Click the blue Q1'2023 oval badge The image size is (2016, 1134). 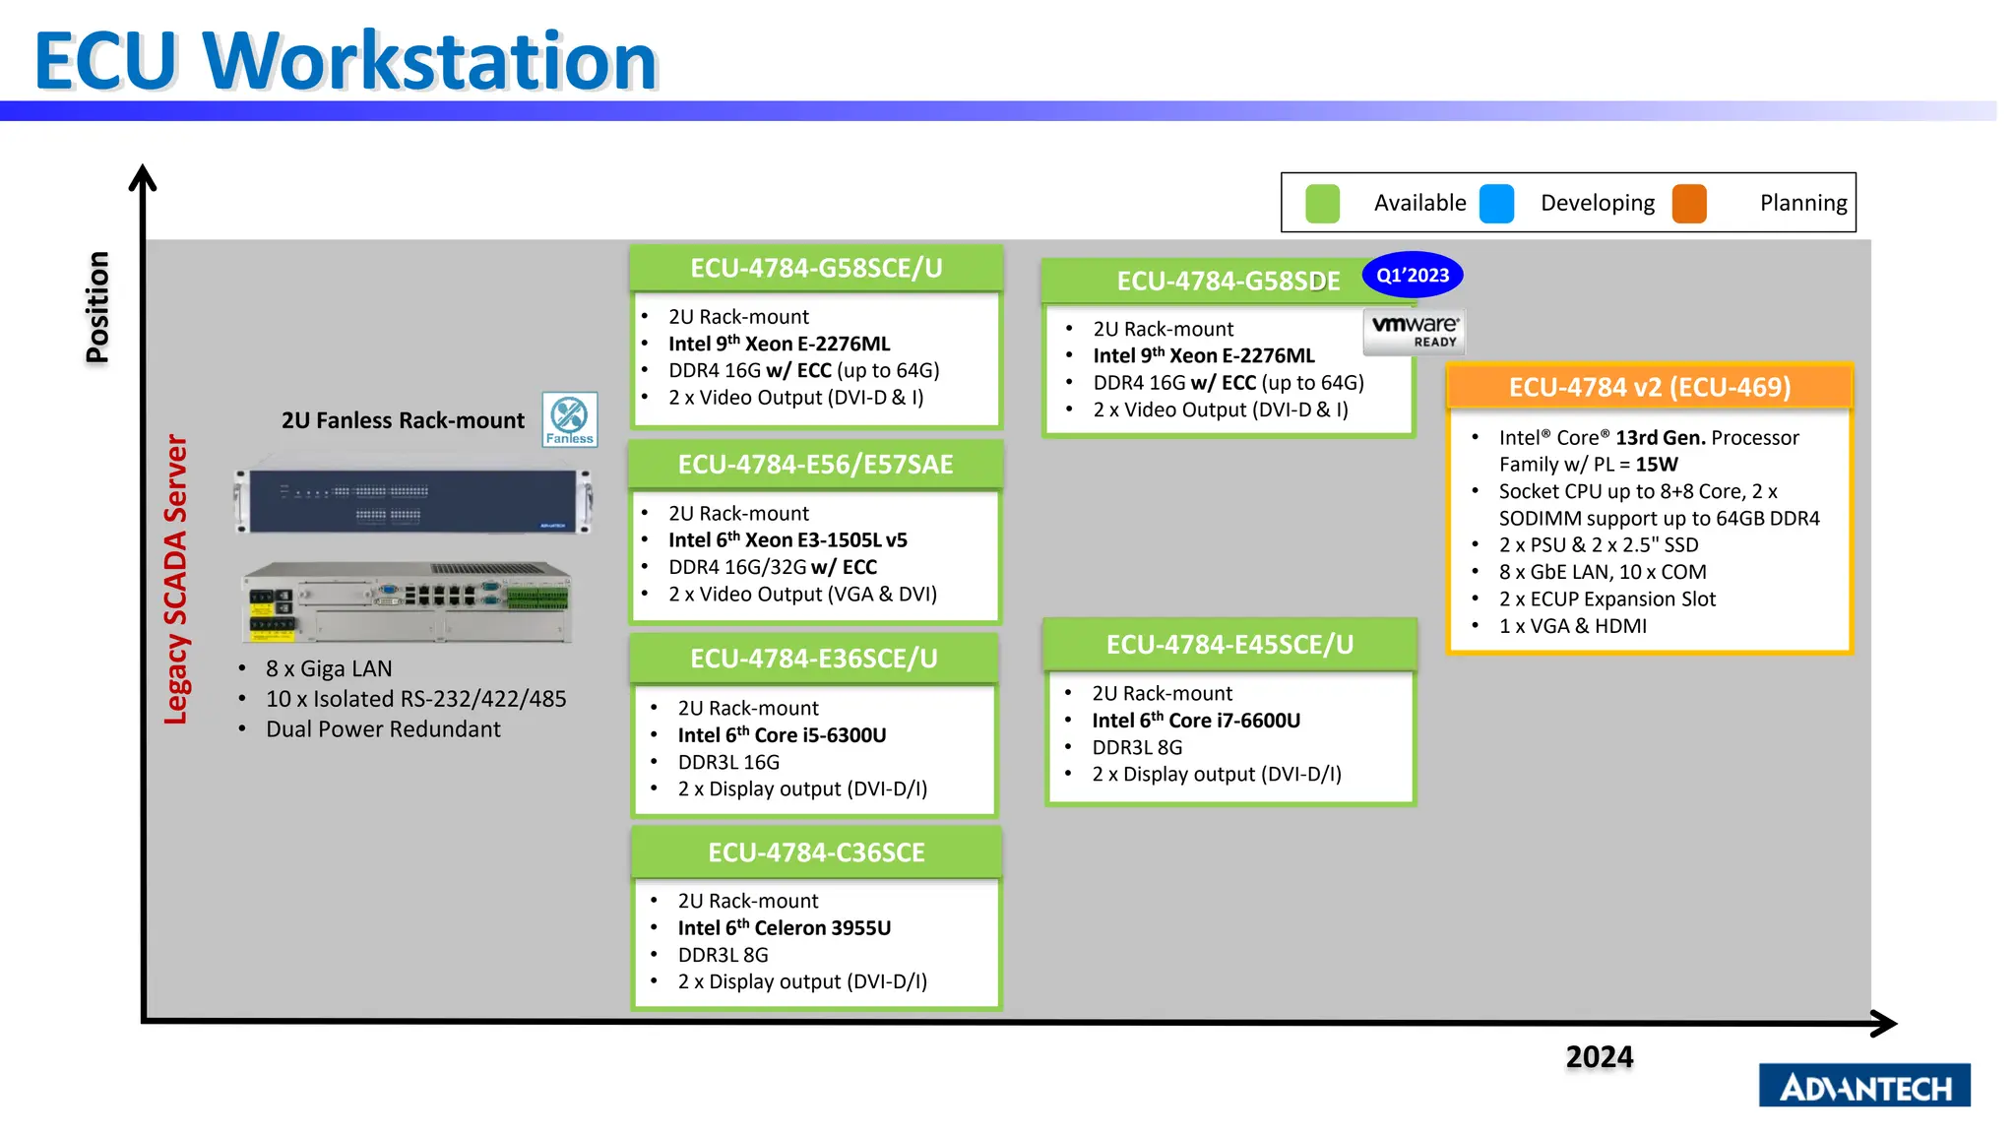point(1412,276)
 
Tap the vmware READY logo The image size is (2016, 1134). point(1415,332)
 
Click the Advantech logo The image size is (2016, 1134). point(1863,1086)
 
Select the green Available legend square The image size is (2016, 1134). point(1322,204)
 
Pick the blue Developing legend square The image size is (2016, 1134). point(1496,204)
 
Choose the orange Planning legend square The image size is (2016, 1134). point(1689,204)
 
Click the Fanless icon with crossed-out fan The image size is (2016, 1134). point(570,419)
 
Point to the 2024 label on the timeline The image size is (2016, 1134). point(1599,1057)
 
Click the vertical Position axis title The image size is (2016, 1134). point(97,307)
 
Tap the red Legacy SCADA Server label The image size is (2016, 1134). point(175,580)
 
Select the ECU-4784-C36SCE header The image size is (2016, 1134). point(816,852)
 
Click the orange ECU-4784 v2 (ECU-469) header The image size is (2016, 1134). point(1649,387)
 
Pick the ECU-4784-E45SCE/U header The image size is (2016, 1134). point(1229,645)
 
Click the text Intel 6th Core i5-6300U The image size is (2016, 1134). point(782,735)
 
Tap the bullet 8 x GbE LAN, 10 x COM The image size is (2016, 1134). point(1602,572)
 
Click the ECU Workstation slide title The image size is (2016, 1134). point(346,61)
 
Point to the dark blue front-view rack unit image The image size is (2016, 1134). point(412,500)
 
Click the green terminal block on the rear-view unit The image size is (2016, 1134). point(537,597)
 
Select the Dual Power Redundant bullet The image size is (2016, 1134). point(383,729)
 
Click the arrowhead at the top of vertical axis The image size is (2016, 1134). point(143,178)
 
